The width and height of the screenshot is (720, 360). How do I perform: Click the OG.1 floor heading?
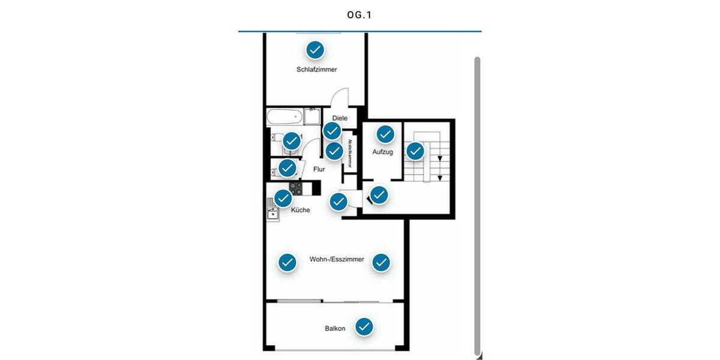pos(359,15)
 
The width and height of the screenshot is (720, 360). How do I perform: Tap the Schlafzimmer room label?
pos(316,70)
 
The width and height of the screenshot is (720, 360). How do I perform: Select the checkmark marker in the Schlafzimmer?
pos(315,50)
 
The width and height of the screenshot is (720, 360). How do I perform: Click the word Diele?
pos(340,118)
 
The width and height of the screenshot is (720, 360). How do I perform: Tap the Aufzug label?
pos(382,152)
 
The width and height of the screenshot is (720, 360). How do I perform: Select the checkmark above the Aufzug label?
pos(385,134)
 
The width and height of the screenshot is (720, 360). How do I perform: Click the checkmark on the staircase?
pos(415,151)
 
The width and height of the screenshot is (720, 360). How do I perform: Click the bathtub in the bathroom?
pos(284,116)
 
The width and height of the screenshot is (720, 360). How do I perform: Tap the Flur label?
pos(319,169)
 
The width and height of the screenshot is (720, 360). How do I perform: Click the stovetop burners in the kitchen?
pos(296,188)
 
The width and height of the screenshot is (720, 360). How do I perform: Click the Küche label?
pos(301,211)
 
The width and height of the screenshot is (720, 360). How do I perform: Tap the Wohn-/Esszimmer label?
pos(337,260)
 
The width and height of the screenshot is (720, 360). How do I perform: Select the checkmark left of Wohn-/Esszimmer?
pos(287,262)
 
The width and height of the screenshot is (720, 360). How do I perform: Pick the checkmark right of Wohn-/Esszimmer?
pos(381,262)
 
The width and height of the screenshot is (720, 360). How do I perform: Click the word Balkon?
pos(335,329)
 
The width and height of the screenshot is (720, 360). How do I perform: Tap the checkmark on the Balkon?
pos(364,326)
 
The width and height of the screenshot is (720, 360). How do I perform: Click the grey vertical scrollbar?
pos(477,204)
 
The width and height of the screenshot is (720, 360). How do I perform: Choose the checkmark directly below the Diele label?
pos(332,131)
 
